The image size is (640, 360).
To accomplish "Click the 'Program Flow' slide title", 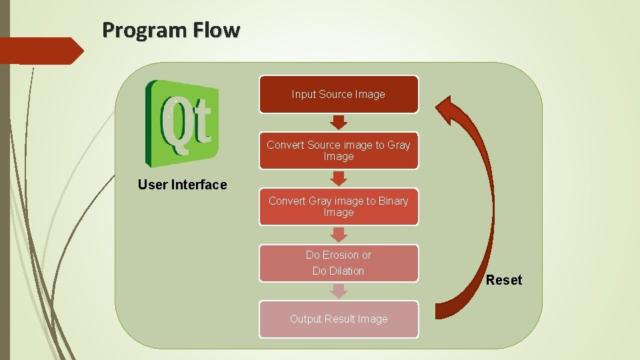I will tap(171, 30).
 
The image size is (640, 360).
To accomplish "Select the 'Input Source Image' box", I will tap(339, 94).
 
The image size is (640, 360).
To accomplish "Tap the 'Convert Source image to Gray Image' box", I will tap(339, 151).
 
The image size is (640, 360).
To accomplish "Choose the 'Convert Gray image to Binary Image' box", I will tap(339, 207).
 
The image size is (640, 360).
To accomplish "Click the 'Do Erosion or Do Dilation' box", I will tap(339, 263).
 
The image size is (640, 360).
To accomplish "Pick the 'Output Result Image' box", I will tap(339, 319).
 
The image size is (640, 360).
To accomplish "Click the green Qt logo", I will tap(182, 123).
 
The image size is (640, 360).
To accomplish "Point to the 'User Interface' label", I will tap(182, 185).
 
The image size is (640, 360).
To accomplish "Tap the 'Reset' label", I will tap(504, 280).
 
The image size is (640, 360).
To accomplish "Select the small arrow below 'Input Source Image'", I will tap(339, 122).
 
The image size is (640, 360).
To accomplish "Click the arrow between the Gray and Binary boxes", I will tap(339, 178).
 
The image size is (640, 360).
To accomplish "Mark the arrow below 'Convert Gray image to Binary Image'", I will tap(339, 234).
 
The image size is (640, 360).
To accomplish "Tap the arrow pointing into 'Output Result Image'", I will tap(339, 291).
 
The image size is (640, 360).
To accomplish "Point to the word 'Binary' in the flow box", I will tap(393, 201).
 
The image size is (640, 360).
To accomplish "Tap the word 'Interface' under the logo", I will tap(199, 185).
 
